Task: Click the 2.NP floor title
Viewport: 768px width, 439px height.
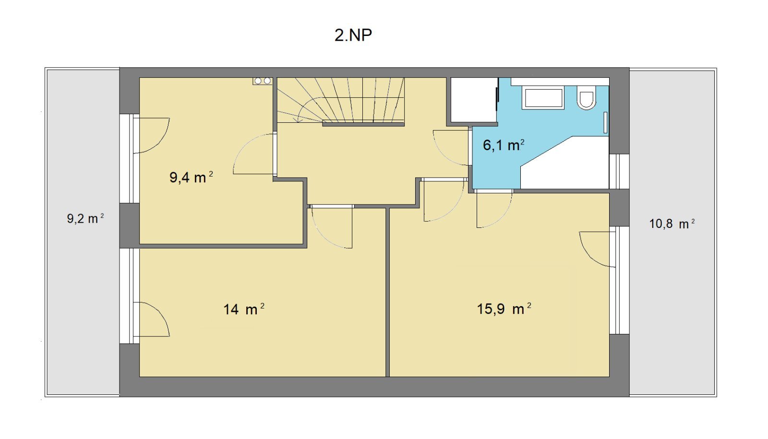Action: point(353,36)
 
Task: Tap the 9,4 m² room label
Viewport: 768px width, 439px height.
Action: point(191,177)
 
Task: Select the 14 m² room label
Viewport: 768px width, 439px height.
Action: point(244,309)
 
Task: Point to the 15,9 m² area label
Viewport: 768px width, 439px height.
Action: point(504,309)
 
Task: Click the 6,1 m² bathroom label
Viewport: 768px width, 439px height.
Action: point(504,145)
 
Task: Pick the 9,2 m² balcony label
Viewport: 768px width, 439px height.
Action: point(85,218)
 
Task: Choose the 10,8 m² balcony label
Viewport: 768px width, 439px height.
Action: point(672,224)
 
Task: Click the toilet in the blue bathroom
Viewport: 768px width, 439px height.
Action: point(587,97)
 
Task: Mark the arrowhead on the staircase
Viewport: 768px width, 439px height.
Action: point(297,119)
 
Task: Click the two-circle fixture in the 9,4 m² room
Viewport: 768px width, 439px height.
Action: point(262,81)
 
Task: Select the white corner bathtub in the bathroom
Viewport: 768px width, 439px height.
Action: point(564,163)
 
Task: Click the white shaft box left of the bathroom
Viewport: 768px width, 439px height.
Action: point(474,100)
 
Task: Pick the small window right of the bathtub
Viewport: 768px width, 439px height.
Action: point(619,171)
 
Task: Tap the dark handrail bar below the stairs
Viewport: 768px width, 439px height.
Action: point(363,124)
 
